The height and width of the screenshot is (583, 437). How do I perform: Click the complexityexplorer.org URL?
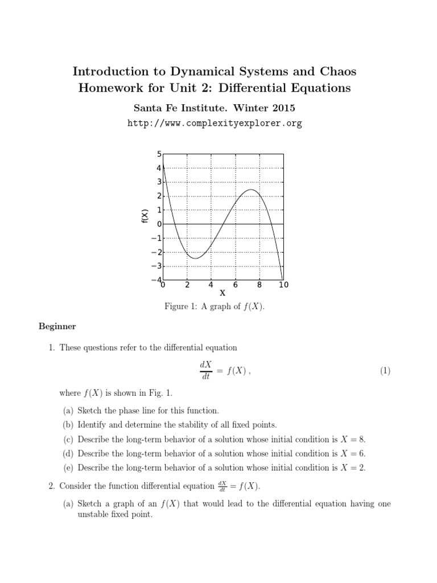218,123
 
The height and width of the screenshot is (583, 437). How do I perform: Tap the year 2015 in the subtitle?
286,107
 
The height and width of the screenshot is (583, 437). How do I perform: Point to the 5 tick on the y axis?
159,154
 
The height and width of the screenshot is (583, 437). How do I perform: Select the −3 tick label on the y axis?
155,266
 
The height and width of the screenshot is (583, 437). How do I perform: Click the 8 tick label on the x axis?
259,285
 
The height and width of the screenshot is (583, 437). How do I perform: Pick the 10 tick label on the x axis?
283,285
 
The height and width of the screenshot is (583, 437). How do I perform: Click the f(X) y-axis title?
145,216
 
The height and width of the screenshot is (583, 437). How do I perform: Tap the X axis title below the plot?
222,293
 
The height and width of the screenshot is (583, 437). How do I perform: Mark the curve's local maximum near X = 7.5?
252,190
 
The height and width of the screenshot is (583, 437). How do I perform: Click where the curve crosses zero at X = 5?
223,224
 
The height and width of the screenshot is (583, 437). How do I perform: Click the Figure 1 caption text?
215,307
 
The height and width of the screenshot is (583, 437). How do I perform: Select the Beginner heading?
57,326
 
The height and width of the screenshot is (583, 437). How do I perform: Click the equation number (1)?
385,371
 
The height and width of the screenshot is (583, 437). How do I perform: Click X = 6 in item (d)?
353,453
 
